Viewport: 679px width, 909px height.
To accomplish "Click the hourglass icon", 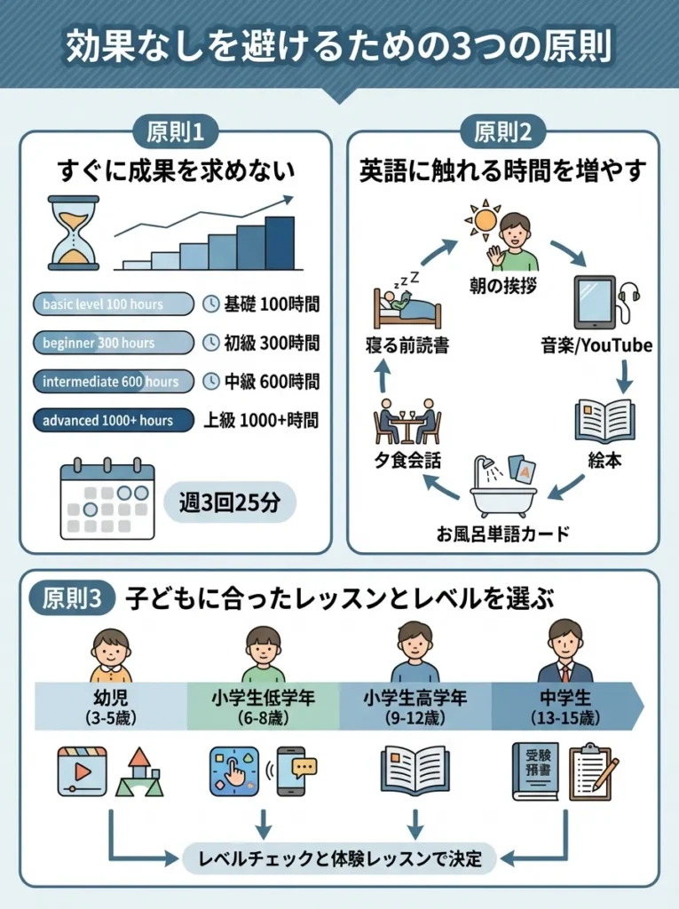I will click(74, 233).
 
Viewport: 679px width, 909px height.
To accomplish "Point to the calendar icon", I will click(107, 499).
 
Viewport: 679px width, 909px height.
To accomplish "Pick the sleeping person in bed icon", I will click(407, 302).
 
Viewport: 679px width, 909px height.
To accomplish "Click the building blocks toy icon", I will click(138, 771).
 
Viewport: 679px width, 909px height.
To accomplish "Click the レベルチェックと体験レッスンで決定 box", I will click(340, 858).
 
